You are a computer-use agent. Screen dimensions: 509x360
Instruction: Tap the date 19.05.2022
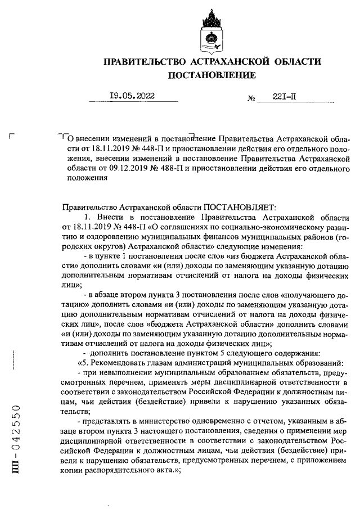coord(132,96)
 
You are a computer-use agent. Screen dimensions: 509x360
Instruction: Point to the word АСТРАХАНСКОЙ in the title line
coord(231,60)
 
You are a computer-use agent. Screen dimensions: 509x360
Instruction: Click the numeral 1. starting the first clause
coord(88,217)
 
